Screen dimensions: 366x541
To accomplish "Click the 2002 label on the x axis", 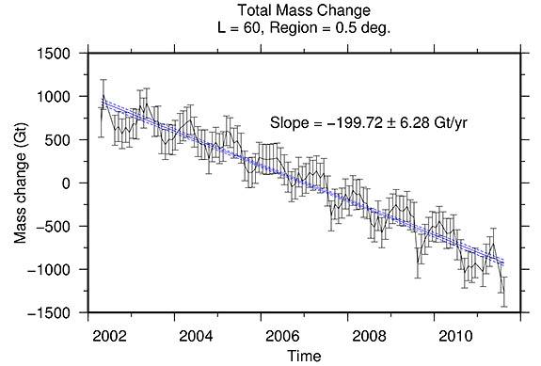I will [x=111, y=335].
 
